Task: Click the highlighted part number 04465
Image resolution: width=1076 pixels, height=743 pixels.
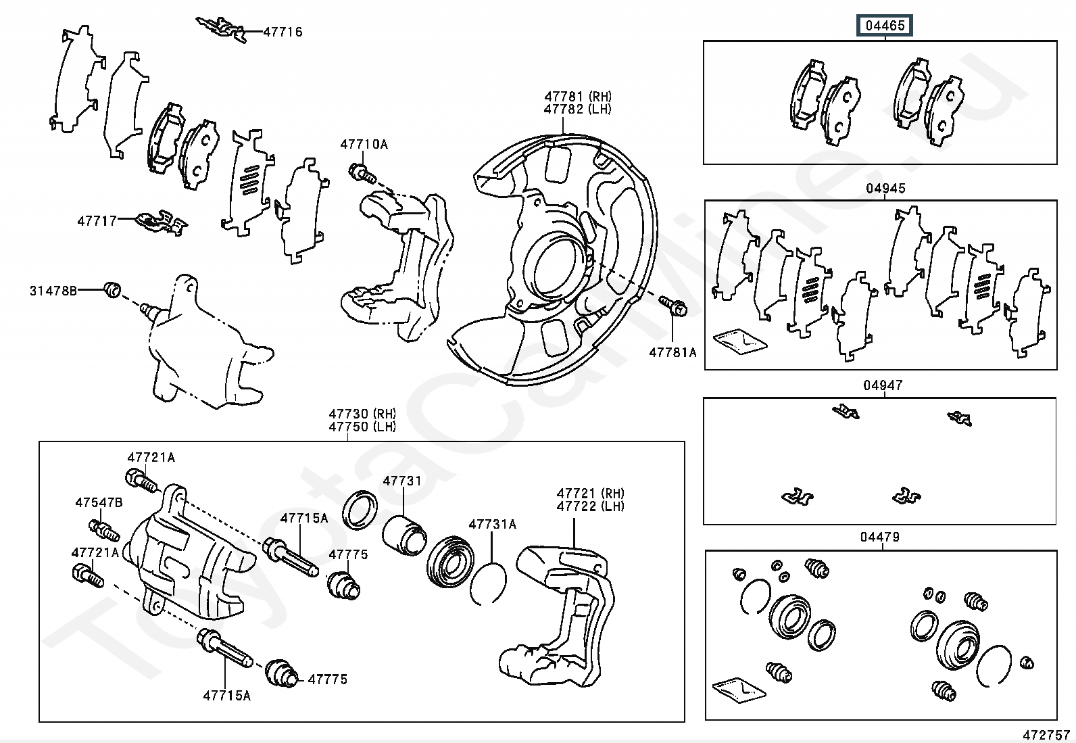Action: click(885, 26)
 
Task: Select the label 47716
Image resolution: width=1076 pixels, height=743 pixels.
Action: click(283, 32)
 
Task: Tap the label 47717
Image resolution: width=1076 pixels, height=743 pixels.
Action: click(97, 220)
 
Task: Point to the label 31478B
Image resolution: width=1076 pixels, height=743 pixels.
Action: click(53, 291)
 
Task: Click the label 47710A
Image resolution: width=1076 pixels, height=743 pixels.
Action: click(364, 144)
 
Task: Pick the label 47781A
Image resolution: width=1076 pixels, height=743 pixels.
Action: click(672, 352)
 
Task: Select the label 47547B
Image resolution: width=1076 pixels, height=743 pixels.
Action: click(99, 502)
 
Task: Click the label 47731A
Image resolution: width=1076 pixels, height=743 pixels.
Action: click(492, 524)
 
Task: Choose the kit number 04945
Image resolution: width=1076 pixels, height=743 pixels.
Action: click(885, 189)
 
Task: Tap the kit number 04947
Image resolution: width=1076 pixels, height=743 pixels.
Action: click(883, 385)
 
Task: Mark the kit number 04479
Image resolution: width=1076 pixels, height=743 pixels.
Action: click(880, 537)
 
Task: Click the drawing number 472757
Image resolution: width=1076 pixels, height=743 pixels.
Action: click(1046, 734)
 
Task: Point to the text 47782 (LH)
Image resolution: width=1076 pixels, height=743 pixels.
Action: click(577, 109)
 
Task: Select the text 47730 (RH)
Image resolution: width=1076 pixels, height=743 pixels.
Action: click(362, 414)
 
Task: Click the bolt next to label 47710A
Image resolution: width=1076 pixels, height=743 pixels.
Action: click(362, 174)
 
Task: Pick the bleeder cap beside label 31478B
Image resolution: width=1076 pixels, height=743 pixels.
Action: click(113, 291)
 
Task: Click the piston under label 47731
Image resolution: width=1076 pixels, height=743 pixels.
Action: click(403, 531)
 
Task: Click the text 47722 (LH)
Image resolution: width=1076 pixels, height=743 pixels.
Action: click(590, 506)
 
